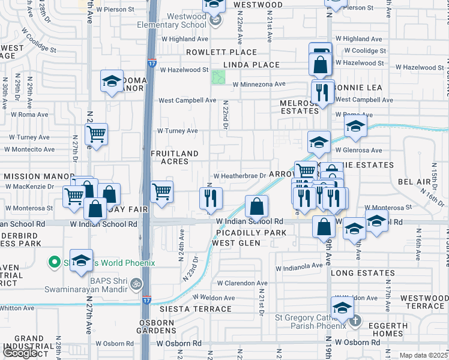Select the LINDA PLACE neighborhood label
coord(252,65)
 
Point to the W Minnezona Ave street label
coord(259,84)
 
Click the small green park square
coord(218,77)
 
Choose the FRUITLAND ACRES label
coord(174,157)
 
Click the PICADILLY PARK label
coord(252,232)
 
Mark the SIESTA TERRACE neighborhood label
coord(195,308)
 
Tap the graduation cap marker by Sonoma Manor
coord(111,82)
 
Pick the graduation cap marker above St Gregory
coord(342,308)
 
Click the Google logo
coord(20,353)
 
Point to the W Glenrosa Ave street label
coord(358,150)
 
